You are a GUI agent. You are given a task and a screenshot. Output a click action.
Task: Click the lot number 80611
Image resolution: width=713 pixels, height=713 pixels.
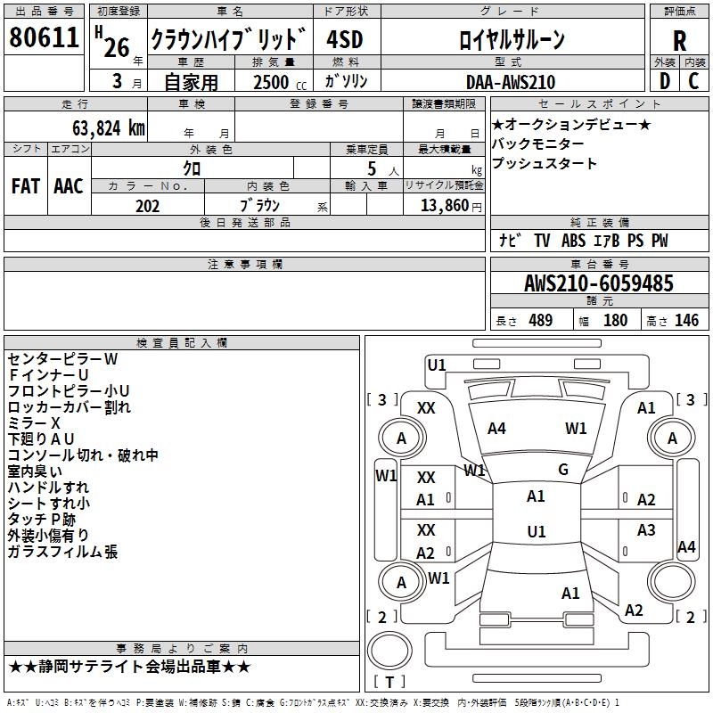[x=44, y=38]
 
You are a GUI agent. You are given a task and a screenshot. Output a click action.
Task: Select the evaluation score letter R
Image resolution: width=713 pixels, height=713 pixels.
[x=679, y=40]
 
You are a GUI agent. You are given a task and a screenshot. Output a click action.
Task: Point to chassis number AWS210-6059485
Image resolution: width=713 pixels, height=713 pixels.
[x=598, y=284]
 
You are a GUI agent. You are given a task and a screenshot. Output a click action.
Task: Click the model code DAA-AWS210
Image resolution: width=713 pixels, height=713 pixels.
[x=510, y=82]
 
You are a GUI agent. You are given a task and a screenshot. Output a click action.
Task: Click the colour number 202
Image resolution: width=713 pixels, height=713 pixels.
[x=147, y=206]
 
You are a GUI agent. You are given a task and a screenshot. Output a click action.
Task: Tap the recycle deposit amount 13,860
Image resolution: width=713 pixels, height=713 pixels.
[x=449, y=206]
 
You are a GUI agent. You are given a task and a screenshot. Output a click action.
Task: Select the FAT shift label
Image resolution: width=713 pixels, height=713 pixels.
[x=25, y=186]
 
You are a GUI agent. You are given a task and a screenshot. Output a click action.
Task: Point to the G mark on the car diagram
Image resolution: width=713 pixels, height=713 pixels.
[x=562, y=470]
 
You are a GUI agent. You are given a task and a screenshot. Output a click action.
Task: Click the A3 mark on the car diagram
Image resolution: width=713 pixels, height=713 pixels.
[x=646, y=530]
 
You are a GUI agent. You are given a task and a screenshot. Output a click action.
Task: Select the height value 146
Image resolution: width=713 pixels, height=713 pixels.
[x=686, y=321]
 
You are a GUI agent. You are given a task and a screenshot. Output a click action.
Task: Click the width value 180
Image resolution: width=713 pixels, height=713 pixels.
[x=615, y=321]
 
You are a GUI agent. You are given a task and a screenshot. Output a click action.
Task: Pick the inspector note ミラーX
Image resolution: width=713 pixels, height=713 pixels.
[x=34, y=422]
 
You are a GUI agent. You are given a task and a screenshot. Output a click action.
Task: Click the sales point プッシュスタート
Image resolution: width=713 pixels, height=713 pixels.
[x=544, y=164]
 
